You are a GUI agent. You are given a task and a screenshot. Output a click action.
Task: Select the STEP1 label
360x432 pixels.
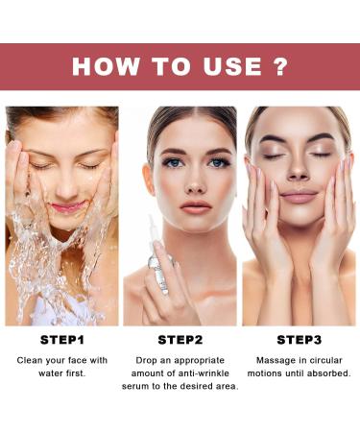(x=60, y=339)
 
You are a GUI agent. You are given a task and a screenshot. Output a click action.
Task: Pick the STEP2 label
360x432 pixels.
(x=180, y=339)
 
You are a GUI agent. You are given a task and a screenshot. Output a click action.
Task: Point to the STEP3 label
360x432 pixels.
(x=299, y=339)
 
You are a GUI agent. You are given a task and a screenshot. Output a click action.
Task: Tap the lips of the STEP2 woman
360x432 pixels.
(x=195, y=206)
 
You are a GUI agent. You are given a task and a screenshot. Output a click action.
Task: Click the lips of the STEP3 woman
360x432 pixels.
(x=297, y=197)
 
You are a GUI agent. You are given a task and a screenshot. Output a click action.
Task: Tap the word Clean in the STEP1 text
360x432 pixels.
(x=32, y=360)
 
